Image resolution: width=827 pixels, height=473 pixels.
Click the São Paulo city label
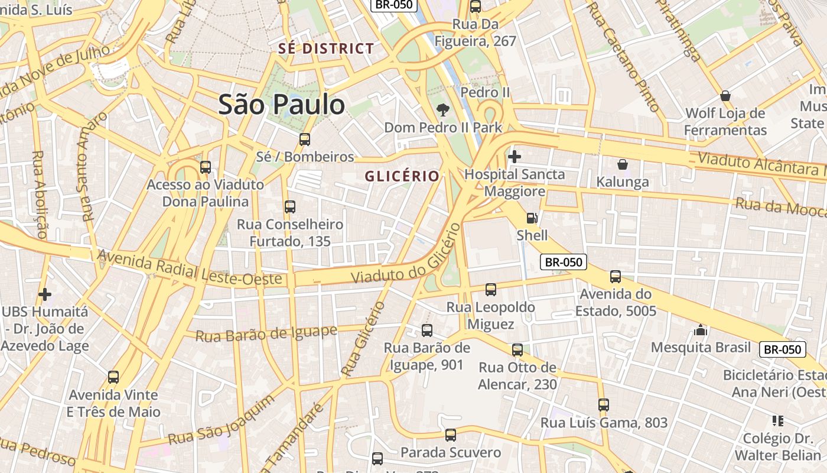281,105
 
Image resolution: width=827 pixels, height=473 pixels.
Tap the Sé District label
326,48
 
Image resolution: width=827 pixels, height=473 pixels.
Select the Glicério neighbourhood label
402,176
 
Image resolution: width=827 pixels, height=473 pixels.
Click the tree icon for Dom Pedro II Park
442,109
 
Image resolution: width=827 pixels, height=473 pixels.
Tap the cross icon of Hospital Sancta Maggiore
515,157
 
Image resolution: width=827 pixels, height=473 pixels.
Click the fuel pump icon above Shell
532,218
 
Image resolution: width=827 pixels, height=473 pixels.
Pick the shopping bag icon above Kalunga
622,164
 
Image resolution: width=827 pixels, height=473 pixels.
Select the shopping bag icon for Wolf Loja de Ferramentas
725,96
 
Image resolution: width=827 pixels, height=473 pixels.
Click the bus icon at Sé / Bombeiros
305,140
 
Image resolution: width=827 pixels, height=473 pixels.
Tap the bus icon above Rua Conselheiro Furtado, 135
290,207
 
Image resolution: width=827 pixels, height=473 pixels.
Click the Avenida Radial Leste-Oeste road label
190,267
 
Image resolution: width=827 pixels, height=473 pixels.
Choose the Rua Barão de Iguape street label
266,333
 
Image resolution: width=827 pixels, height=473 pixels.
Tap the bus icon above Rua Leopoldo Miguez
491,290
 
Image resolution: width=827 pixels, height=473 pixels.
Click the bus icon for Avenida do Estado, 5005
616,277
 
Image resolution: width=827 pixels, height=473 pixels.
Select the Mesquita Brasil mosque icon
701,330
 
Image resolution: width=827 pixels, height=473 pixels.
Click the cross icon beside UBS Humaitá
45,294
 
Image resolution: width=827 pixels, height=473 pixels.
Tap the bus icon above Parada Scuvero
451,436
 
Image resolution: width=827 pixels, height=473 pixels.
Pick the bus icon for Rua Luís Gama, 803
604,405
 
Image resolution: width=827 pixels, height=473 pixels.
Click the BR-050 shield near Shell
563,262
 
